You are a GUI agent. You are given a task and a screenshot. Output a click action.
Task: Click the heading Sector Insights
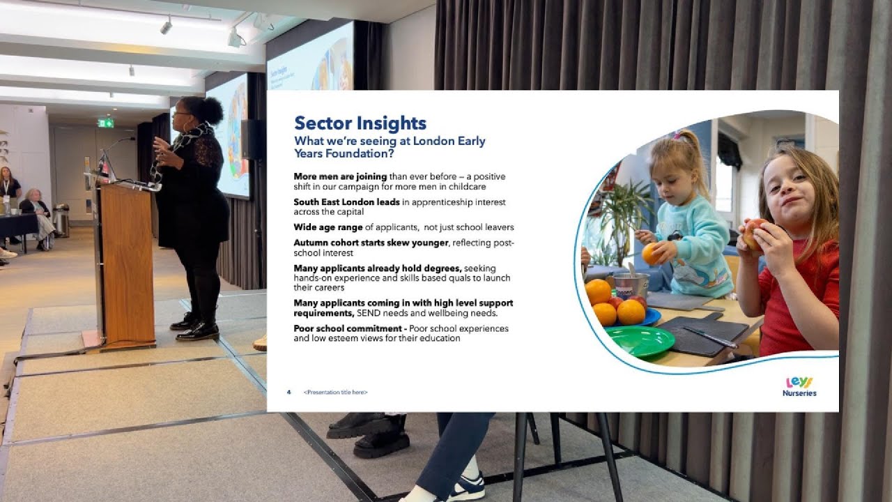click(360, 123)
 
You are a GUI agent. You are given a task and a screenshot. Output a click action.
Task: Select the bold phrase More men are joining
click(330, 176)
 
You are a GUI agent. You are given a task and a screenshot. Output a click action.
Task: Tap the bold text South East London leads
click(346, 202)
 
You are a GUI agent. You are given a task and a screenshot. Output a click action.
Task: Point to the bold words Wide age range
click(328, 227)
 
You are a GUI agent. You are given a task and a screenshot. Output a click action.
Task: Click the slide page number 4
click(289, 392)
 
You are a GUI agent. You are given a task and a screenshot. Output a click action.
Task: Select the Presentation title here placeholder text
click(335, 393)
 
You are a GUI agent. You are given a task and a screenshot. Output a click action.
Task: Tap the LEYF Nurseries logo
click(799, 386)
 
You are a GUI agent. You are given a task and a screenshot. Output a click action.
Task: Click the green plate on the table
click(639, 341)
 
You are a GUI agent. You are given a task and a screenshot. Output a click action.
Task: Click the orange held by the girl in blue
click(652, 253)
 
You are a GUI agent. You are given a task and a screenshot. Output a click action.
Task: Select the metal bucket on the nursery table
click(631, 284)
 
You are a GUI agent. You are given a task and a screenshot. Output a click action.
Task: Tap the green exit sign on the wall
click(105, 123)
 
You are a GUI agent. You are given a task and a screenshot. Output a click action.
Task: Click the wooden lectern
click(125, 265)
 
